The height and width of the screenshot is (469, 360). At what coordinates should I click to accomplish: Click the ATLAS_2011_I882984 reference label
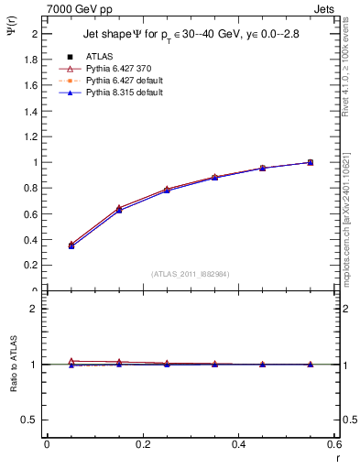(191, 274)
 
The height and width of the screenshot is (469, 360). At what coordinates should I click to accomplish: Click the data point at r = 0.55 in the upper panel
(310, 162)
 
